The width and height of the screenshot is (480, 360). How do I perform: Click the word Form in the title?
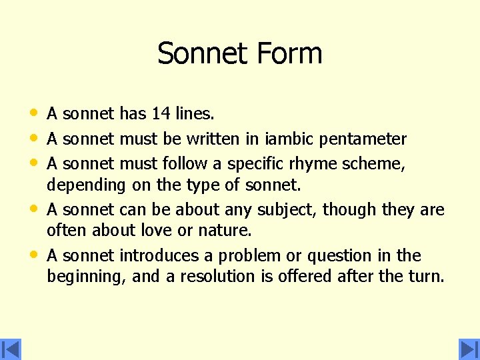coord(291,54)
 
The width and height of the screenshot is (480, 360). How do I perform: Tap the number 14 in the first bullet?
coord(161,114)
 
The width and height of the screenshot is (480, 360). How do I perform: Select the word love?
coord(157,231)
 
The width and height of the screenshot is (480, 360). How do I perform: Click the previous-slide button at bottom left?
coord(11,349)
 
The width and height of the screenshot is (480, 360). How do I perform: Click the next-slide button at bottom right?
coord(469,349)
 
